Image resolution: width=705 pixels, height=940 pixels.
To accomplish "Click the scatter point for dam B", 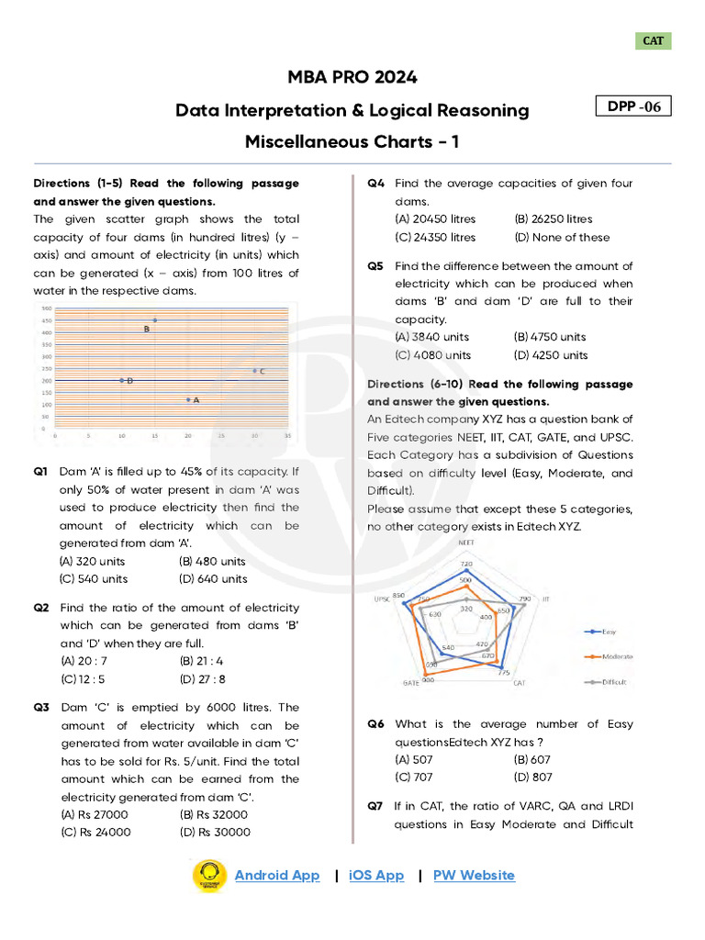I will click(x=155, y=320).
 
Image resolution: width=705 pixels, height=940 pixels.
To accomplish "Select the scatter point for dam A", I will click(x=188, y=399).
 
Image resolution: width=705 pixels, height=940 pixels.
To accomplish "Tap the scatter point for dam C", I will click(x=254, y=371).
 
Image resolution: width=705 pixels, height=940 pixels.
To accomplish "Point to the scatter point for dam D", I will click(x=122, y=380).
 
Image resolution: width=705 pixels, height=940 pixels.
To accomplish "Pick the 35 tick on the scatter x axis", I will click(x=287, y=435).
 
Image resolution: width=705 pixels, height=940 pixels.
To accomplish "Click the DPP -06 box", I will click(x=633, y=106).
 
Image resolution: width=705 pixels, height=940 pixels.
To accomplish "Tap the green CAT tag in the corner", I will click(x=654, y=41).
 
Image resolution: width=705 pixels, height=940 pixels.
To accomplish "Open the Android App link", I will click(x=277, y=875).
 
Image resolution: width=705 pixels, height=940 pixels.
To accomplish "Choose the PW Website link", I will click(x=474, y=875).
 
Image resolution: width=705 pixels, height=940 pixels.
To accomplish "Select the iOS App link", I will click(x=376, y=875).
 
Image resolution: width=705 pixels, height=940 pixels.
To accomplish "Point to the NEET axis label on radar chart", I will click(x=465, y=543).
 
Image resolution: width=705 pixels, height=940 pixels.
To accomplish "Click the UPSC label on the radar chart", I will click(x=382, y=598).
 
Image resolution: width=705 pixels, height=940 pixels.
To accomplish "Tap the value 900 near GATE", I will click(x=428, y=680).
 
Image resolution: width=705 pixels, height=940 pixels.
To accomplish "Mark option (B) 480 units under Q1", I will click(x=213, y=561).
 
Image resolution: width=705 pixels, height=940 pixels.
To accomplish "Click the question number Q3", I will click(x=41, y=708).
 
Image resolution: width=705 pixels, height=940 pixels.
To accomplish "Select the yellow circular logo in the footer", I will click(x=208, y=876).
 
